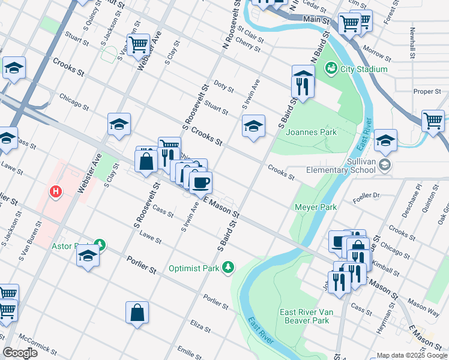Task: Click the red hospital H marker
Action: pyautogui.click(x=55, y=192)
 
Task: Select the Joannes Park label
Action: pyautogui.click(x=311, y=132)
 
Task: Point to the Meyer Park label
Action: pyautogui.click(x=315, y=208)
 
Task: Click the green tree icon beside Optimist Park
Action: pyautogui.click(x=228, y=267)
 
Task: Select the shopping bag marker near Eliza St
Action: pyautogui.click(x=137, y=313)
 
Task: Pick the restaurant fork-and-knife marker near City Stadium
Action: pyautogui.click(x=303, y=85)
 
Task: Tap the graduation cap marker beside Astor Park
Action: pyautogui.click(x=88, y=256)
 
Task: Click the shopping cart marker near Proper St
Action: pyautogui.click(x=432, y=121)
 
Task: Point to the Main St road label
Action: pyautogui.click(x=316, y=20)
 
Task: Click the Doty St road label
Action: pyautogui.click(x=223, y=88)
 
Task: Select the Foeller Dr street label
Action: pyautogui.click(x=368, y=195)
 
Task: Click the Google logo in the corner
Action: pyautogui.click(x=20, y=353)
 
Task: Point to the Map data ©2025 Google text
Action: pyautogui.click(x=412, y=355)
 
